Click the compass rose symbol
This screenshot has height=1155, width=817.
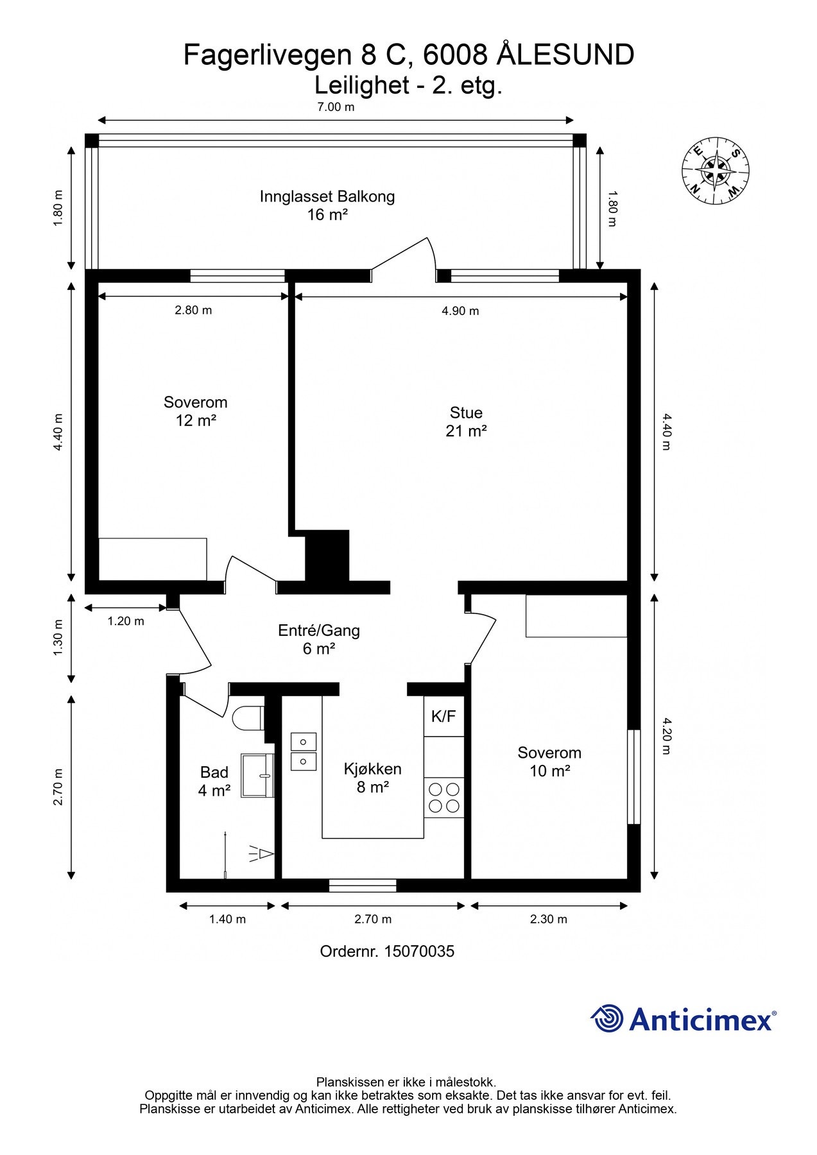715,171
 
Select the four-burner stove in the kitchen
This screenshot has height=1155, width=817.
444,798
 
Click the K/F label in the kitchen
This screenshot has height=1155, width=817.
443,716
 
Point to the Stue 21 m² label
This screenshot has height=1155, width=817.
466,422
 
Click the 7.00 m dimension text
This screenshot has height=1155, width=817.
336,107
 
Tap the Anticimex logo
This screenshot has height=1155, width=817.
684,1019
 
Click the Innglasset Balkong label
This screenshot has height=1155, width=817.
327,196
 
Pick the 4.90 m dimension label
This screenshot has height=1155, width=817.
460,311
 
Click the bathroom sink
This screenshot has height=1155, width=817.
257,775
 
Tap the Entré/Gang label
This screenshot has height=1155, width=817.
319,630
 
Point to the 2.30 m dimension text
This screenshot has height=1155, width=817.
549,919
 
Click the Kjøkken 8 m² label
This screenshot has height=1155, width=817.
372,778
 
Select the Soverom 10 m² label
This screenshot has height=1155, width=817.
549,762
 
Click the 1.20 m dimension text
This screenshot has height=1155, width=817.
126,621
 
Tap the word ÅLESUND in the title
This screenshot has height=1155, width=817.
566,55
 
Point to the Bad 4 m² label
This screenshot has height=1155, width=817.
214,782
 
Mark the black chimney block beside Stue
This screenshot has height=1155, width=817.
327,556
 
